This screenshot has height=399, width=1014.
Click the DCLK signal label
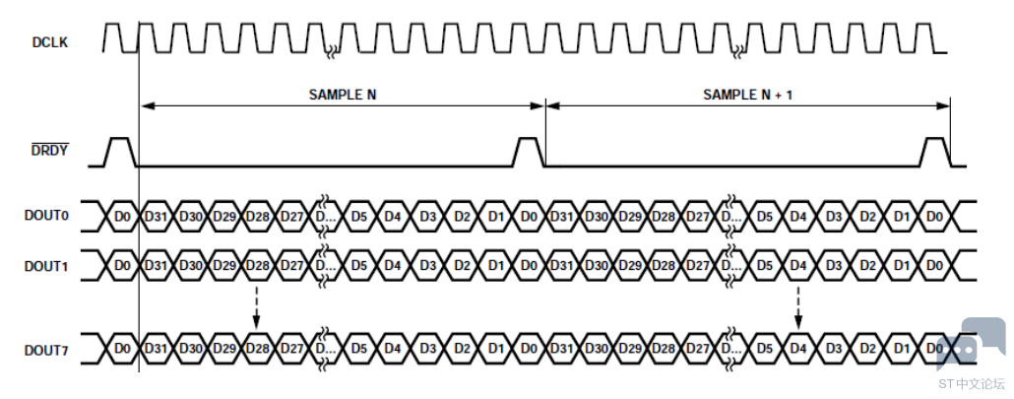[50, 42]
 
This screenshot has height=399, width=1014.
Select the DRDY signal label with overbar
[50, 151]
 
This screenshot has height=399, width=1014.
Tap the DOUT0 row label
[46, 216]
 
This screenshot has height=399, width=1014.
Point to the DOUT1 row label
[46, 266]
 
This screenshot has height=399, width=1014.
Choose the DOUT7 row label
[46, 350]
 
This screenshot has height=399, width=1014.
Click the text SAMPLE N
[342, 95]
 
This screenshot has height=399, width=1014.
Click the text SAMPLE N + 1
[747, 95]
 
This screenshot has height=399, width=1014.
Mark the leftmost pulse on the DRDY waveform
[121, 152]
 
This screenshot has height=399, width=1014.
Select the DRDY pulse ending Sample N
[529, 152]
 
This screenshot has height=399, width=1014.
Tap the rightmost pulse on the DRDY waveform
[934, 152]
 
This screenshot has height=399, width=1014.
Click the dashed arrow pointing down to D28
[257, 307]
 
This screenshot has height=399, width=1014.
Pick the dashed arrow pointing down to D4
[798, 307]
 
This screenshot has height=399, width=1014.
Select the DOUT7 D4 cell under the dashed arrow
[798, 349]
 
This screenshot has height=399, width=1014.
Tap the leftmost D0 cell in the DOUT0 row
[122, 216]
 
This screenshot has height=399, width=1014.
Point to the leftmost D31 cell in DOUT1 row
[156, 265]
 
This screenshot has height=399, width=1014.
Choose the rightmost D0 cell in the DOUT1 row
[934, 265]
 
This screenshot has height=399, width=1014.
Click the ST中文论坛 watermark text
[972, 383]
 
